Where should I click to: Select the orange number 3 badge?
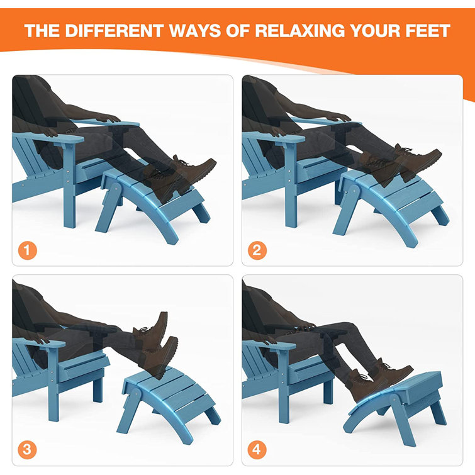point(26,450)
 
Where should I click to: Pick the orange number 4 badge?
point(257,450)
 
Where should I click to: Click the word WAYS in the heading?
point(190,31)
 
